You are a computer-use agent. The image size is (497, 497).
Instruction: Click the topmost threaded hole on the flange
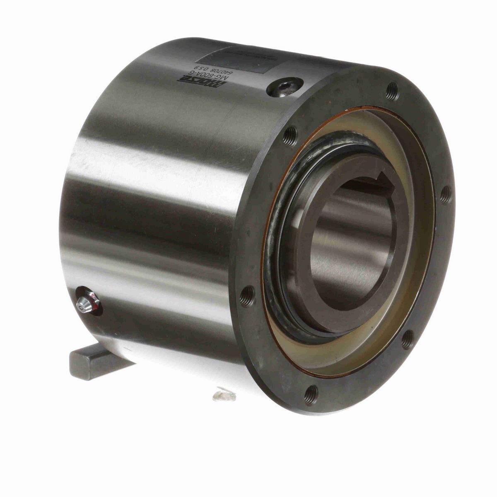[392, 90]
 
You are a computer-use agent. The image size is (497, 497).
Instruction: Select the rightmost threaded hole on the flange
[445, 194]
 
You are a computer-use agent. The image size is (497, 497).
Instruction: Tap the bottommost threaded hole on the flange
[311, 394]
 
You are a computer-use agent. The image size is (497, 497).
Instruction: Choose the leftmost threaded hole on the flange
[248, 295]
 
